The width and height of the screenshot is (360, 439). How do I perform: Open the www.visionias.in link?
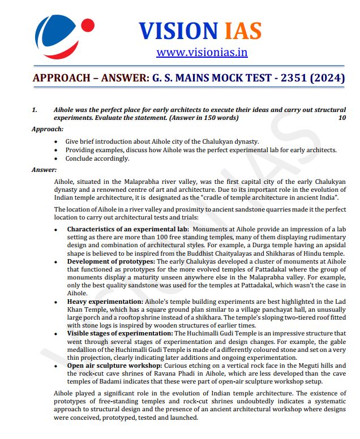pos(202,53)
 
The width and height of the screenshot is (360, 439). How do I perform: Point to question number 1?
pos(35,110)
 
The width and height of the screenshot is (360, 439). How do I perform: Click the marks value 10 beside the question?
pos(341,118)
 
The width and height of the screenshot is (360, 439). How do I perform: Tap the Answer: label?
pos(44,169)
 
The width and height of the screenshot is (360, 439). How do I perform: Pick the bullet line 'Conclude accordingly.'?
pos(97,158)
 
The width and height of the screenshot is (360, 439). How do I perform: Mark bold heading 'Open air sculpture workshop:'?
pos(117,365)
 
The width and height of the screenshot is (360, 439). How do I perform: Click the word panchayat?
pos(217,310)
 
